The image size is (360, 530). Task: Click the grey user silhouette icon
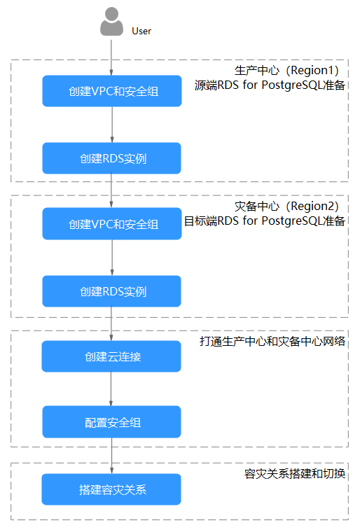[111, 21]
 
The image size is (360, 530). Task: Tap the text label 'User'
[141, 31]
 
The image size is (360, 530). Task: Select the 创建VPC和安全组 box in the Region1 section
[112, 91]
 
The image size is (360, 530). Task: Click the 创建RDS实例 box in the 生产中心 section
[111, 158]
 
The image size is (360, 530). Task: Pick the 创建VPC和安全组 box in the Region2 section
[112, 224]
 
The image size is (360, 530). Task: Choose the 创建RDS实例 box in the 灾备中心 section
[111, 291]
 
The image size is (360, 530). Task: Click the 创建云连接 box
[111, 356]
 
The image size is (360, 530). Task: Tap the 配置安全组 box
[111, 422]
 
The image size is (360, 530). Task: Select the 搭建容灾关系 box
[111, 489]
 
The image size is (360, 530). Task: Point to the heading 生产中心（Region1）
[286, 70]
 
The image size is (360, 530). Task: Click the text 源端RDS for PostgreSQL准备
[270, 85]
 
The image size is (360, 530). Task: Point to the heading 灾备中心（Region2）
[286, 206]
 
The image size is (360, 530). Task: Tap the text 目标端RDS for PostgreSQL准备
[264, 221]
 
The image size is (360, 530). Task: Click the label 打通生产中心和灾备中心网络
[272, 341]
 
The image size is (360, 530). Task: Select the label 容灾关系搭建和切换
[294, 473]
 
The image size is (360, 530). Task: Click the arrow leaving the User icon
[111, 57]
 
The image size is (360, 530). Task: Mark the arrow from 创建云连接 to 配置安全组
[111, 389]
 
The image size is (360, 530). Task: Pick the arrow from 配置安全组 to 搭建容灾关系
[111, 456]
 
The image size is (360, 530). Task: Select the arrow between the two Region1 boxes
[112, 125]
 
